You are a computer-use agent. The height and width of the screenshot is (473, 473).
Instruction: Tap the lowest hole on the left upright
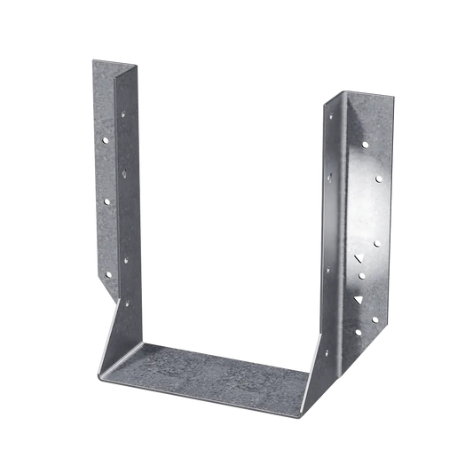point(126,303)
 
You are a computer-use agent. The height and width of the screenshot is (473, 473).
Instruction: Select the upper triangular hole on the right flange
point(359,259)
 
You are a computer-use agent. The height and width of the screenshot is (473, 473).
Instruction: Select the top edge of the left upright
point(114,62)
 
